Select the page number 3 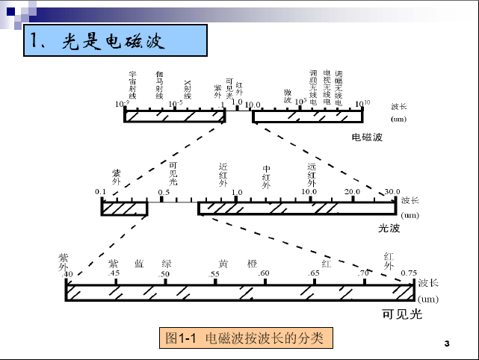point(446,343)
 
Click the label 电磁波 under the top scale point(367,137)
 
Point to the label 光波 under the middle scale point(389,229)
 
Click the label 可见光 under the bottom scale point(402,314)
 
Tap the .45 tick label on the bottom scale point(114,273)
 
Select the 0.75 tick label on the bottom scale point(409,273)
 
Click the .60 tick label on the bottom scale point(263,273)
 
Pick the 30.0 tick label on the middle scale point(392,192)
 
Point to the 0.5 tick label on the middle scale point(163,192)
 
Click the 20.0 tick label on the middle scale point(352,192)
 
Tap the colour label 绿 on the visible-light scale point(167,264)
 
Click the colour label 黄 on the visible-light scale point(223,264)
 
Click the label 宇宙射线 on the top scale point(132,85)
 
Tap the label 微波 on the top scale point(287,95)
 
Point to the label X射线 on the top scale point(188,90)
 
